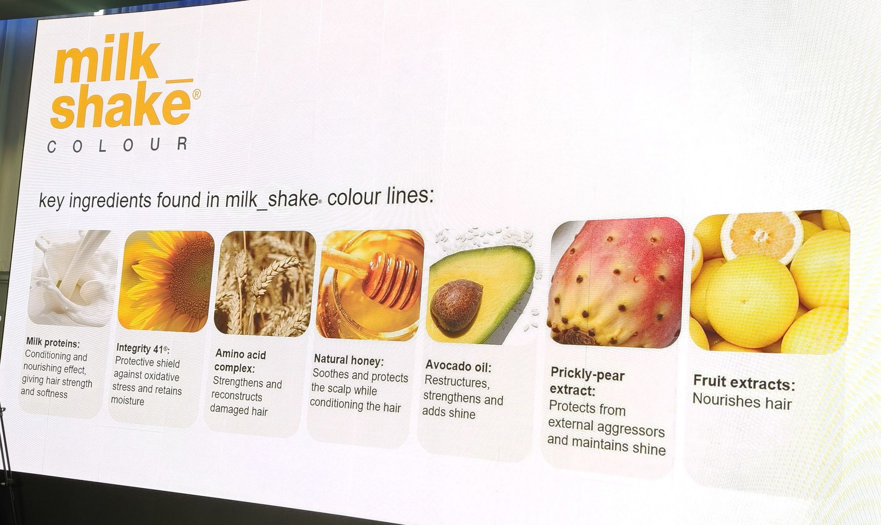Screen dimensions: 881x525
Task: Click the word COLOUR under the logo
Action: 117,145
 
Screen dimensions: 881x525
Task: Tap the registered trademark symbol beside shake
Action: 197,94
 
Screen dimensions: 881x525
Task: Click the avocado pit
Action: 456,304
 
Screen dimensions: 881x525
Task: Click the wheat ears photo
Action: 264,283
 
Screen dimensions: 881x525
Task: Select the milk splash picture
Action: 73,278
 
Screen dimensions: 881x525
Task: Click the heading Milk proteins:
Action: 53,343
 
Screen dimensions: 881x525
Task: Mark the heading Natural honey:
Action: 349,360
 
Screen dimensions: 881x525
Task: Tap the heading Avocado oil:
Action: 458,367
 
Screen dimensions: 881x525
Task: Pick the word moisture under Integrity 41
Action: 128,401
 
